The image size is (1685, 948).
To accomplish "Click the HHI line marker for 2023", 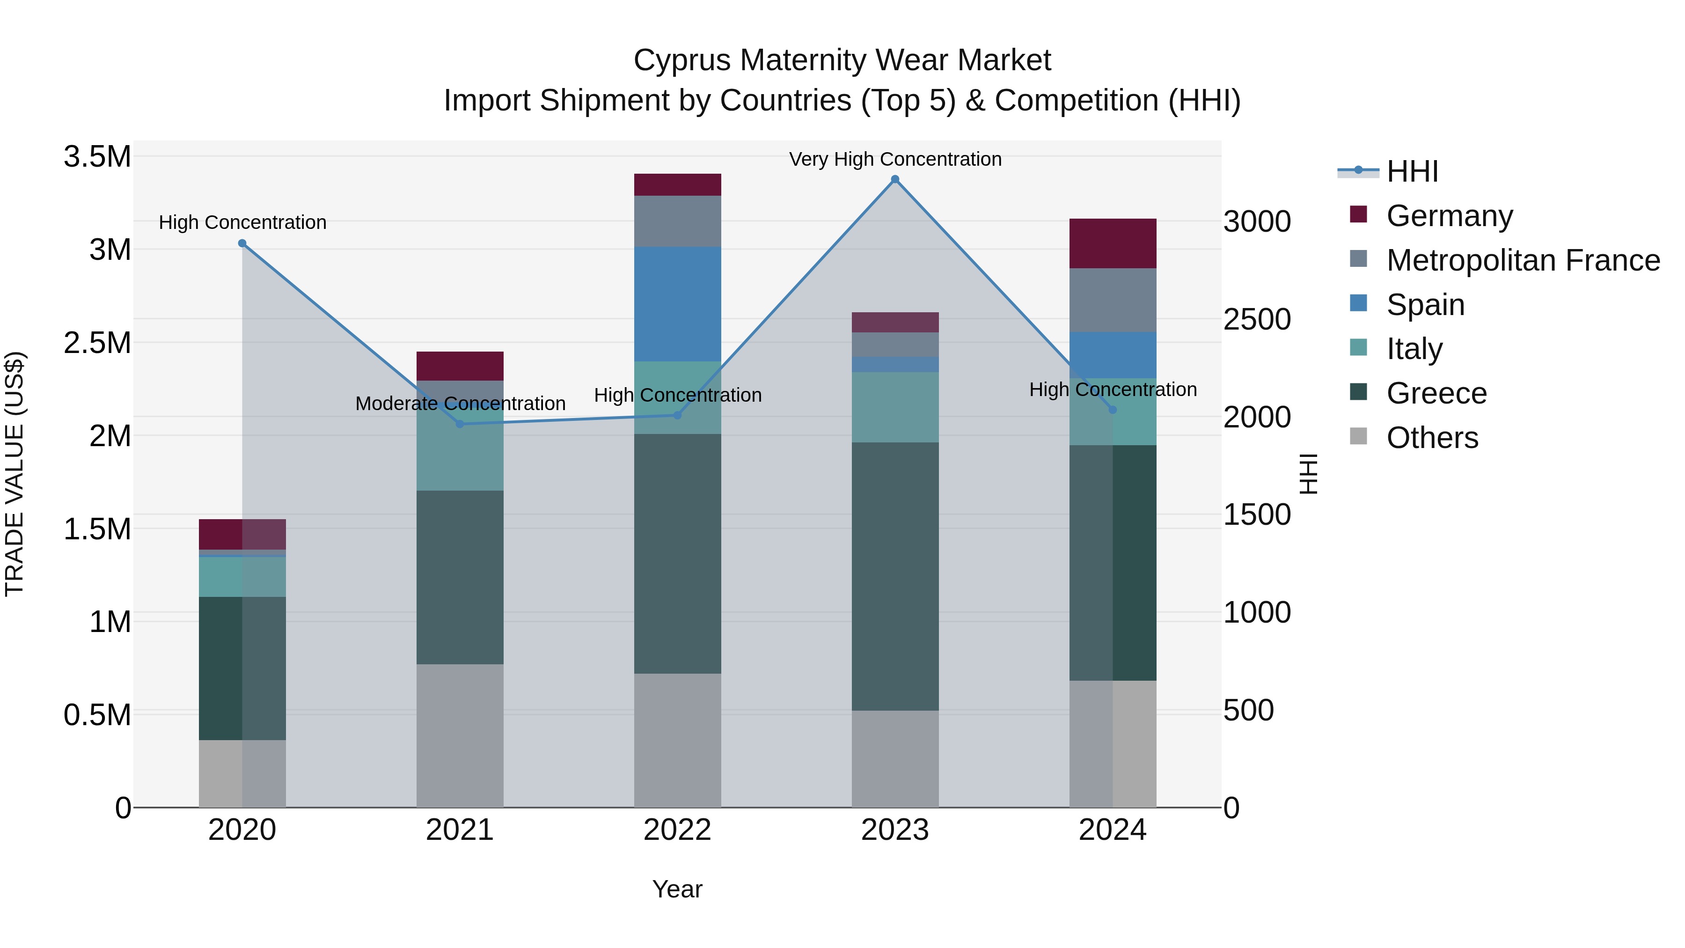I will click(x=895, y=179).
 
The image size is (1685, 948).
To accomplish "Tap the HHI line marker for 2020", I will click(x=242, y=243).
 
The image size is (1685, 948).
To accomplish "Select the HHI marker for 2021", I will click(x=460, y=424).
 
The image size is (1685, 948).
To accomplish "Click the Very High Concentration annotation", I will click(x=895, y=159).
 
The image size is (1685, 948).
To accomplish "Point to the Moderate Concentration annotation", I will click(x=460, y=404).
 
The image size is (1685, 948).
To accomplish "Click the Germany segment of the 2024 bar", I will click(x=1112, y=243).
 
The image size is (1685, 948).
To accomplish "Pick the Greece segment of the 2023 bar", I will click(x=895, y=576).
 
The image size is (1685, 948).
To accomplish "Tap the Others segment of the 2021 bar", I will click(x=460, y=735).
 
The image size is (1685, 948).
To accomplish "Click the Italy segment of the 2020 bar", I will click(x=242, y=576).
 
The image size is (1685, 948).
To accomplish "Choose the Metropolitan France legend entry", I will click(x=1523, y=260).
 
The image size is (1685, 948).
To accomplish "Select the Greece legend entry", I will click(x=1436, y=393).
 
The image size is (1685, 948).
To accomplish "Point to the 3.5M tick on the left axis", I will click(x=97, y=157).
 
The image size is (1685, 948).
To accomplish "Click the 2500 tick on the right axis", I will click(x=1257, y=320).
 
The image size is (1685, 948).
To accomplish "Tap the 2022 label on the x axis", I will click(x=677, y=830).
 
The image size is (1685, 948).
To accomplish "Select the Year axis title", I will click(x=677, y=889).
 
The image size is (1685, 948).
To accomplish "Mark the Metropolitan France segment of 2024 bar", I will click(x=1112, y=300).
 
